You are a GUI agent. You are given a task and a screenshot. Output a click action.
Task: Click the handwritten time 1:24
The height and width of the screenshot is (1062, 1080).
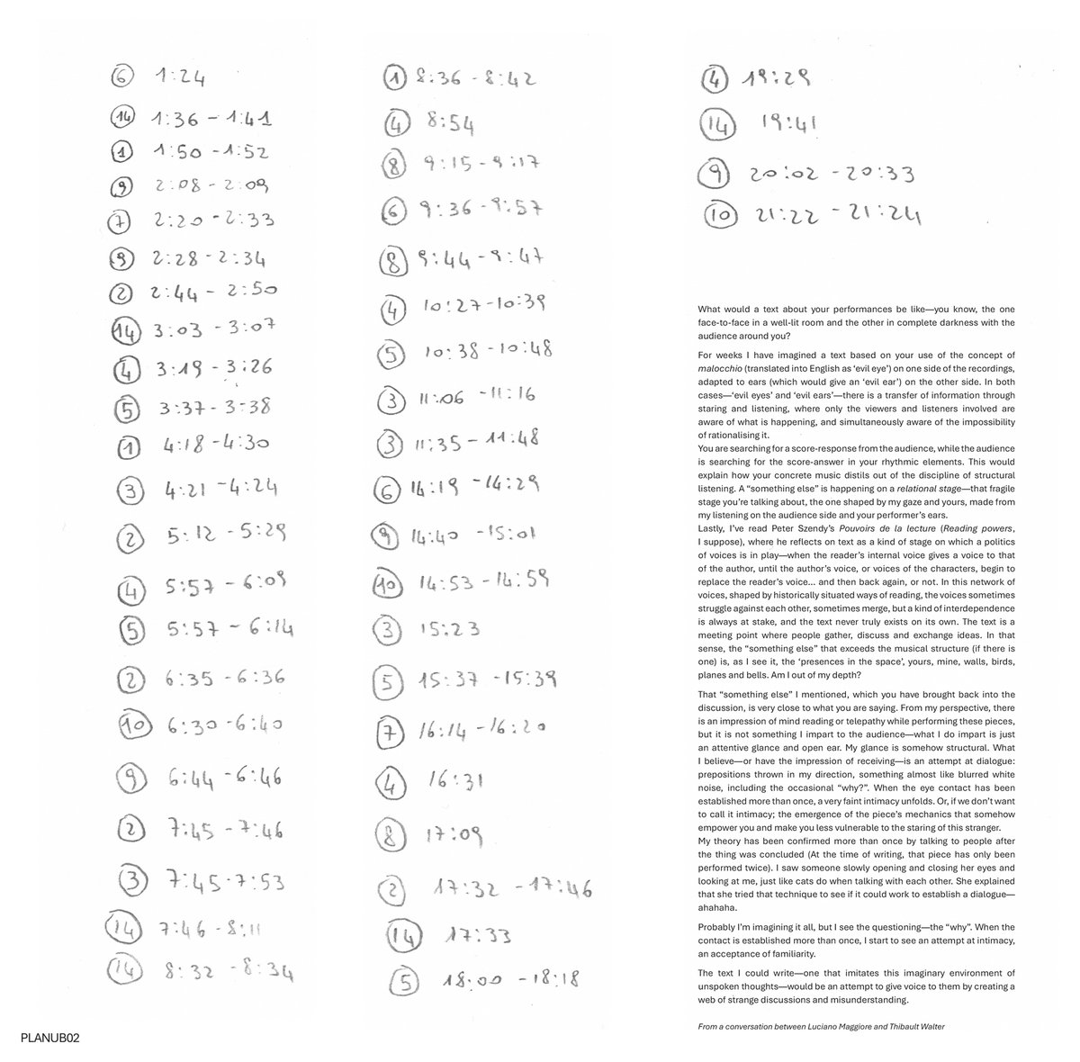(179, 78)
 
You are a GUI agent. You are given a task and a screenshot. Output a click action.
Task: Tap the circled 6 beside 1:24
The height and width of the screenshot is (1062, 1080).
(121, 76)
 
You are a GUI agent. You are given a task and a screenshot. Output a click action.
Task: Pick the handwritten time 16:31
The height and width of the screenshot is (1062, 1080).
(455, 784)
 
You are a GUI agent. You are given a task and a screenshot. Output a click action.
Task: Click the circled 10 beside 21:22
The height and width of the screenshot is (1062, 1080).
(722, 216)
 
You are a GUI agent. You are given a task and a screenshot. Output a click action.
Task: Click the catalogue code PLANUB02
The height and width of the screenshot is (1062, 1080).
(49, 1039)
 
